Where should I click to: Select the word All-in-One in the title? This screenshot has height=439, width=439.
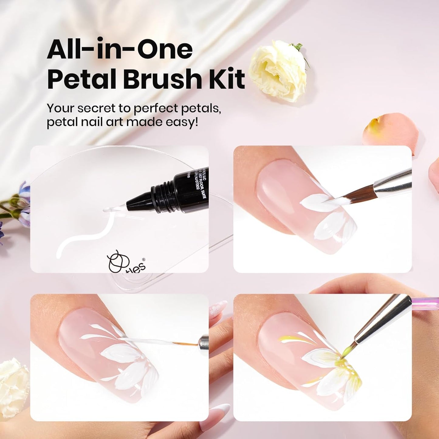120,50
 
